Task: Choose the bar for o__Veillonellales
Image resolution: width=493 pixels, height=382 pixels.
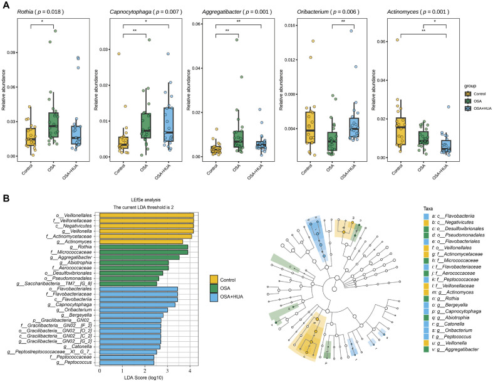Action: coord(146,216)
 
